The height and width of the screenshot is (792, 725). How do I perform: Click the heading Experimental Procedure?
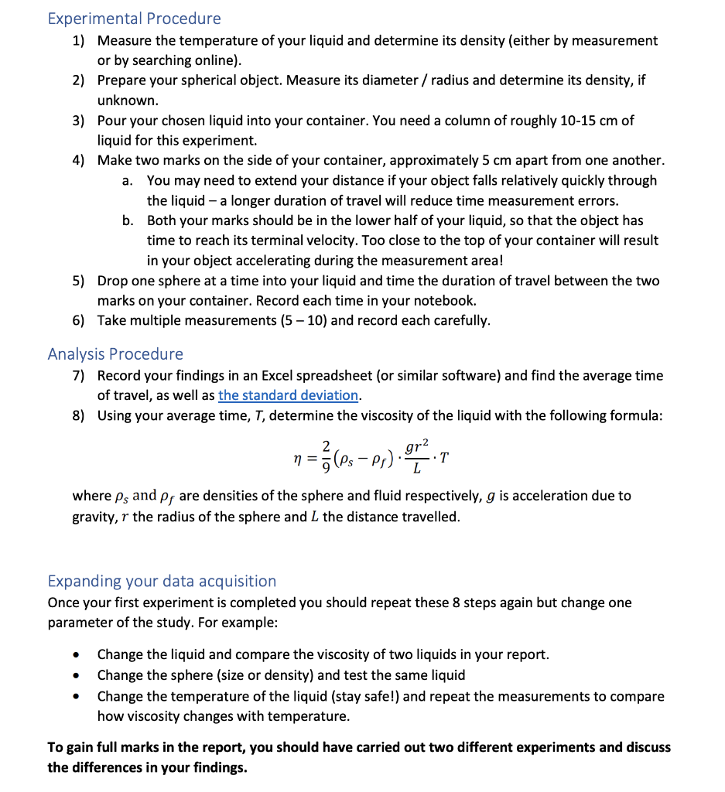click(134, 19)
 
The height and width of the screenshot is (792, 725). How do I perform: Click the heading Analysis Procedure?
click(115, 354)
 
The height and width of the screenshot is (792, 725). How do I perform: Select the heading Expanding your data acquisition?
click(162, 581)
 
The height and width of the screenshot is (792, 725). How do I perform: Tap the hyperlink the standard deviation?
click(289, 395)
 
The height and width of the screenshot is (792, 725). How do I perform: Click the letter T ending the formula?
click(444, 458)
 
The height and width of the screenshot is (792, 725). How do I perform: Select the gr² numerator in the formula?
click(418, 447)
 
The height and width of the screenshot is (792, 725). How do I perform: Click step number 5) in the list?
click(79, 281)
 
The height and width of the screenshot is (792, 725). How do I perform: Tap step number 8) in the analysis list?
click(79, 416)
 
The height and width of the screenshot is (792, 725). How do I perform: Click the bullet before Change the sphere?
click(75, 676)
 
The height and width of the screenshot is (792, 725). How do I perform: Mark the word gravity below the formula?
click(97, 516)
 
